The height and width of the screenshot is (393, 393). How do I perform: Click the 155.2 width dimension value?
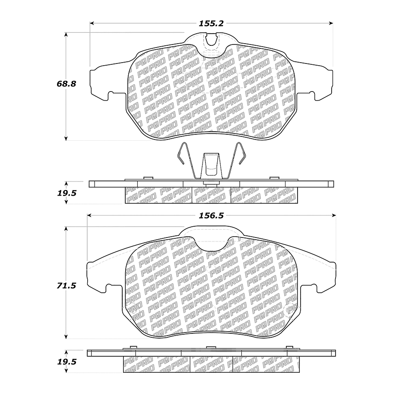click(211, 24)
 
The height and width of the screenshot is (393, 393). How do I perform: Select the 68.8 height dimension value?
click(66, 84)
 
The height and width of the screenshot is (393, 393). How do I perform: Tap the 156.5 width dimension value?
click(211, 216)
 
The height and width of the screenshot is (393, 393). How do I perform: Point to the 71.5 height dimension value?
click(66, 286)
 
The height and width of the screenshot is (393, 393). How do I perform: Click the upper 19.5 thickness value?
click(67, 193)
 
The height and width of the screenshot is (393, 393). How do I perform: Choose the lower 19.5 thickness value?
click(67, 362)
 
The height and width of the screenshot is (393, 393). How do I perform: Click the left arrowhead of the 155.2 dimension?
click(92, 23)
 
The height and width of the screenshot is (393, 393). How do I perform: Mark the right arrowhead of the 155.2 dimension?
click(331, 23)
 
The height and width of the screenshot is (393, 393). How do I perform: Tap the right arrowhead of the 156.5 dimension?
click(334, 216)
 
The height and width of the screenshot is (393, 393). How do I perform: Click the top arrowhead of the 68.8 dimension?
click(66, 35)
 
